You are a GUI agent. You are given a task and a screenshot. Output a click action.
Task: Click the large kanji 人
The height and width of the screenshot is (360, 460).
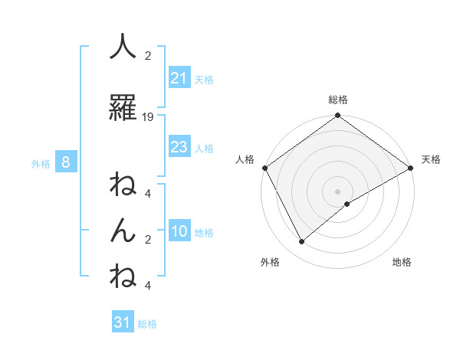(x=123, y=48)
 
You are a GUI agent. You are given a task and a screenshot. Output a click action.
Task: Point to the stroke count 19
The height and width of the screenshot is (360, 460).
(x=148, y=117)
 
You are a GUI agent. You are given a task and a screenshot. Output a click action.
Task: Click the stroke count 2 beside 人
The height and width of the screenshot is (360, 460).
(x=148, y=56)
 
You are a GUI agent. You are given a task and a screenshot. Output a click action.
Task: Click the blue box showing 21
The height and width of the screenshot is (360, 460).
(x=179, y=77)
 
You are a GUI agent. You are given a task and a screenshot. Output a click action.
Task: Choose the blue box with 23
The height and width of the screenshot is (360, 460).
(x=179, y=147)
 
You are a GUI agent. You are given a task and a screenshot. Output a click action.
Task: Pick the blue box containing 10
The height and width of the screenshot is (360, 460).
(x=179, y=231)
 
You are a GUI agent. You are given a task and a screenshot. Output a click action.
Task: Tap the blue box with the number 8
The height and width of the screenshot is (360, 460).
(x=66, y=162)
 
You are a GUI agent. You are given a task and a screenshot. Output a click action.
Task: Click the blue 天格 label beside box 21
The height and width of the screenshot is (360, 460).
(x=204, y=79)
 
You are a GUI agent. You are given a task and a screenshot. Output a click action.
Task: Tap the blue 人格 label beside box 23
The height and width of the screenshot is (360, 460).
(x=204, y=149)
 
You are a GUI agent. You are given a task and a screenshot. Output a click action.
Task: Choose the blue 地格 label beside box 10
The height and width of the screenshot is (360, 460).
(x=204, y=233)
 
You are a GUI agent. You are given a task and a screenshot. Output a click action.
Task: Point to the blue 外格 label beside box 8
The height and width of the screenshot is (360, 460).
(x=41, y=163)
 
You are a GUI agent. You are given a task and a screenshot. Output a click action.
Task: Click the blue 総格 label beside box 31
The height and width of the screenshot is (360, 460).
(x=147, y=324)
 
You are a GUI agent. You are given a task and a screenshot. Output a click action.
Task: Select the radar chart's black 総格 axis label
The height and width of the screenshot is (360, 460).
(x=338, y=100)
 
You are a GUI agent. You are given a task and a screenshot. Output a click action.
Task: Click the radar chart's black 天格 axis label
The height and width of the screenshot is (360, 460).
(x=432, y=159)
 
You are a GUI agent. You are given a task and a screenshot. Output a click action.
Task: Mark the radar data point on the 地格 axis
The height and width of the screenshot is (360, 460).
(x=347, y=204)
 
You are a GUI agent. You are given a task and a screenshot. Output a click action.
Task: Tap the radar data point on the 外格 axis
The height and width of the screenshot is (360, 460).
(x=301, y=242)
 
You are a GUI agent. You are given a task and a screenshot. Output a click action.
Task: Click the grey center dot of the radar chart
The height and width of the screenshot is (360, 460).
(x=338, y=191)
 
